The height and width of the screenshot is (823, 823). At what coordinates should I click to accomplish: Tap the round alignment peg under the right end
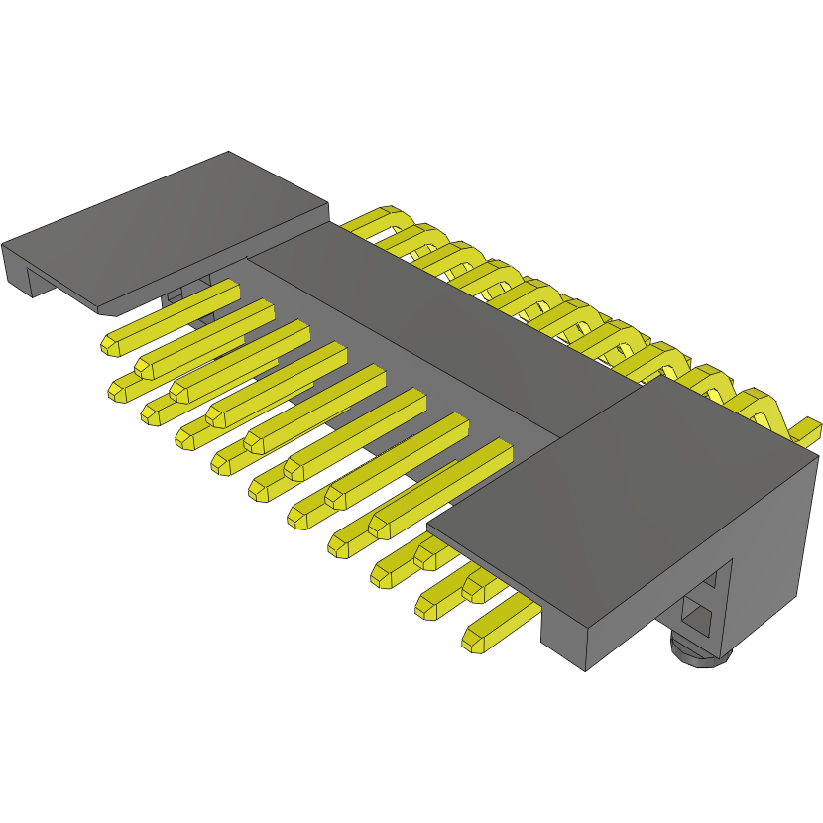[699, 652]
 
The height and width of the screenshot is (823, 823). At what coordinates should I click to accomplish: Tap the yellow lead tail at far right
[807, 431]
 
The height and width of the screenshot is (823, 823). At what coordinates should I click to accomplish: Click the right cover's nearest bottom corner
[585, 670]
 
